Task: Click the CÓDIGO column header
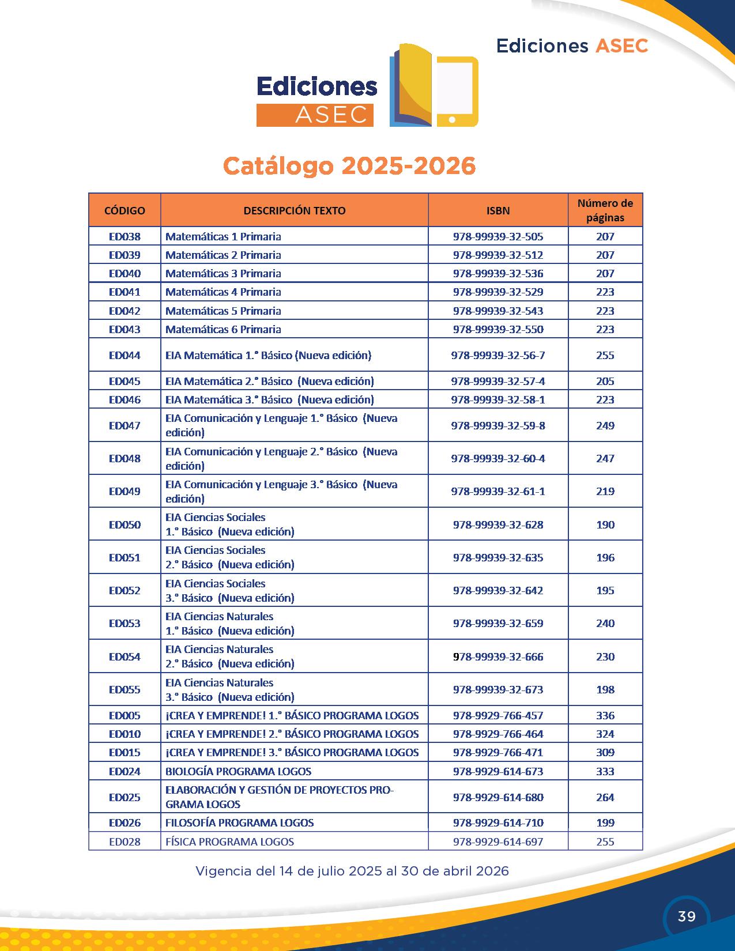(x=125, y=210)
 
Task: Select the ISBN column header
(x=498, y=210)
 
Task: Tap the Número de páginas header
(x=605, y=210)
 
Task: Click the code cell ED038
(x=125, y=236)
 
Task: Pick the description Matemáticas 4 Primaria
(x=223, y=292)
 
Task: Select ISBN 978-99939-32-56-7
(x=498, y=355)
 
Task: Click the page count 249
(x=605, y=425)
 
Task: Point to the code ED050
(x=125, y=524)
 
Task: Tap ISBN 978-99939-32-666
(x=498, y=656)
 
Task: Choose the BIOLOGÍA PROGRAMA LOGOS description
(x=238, y=771)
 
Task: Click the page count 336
(x=605, y=715)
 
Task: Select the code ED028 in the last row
(x=125, y=841)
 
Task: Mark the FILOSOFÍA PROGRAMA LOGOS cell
(x=239, y=822)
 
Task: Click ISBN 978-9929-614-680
(x=498, y=797)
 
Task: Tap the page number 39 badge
(x=687, y=916)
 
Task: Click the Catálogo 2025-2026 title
(x=349, y=166)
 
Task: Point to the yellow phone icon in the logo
(x=457, y=91)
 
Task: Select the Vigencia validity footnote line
(x=352, y=871)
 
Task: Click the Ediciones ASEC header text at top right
(x=572, y=46)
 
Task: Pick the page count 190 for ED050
(x=605, y=524)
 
